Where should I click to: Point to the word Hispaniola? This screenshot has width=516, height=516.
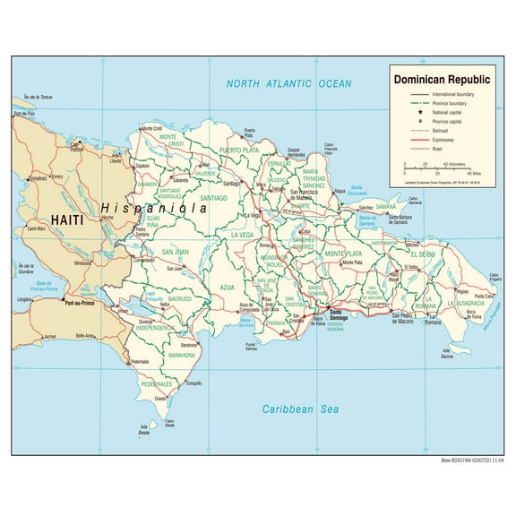[x=154, y=205]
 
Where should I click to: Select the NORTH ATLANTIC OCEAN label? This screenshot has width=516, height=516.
[x=288, y=83]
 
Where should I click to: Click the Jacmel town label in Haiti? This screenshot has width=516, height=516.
[x=49, y=337]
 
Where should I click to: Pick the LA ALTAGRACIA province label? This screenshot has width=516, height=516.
[x=468, y=305]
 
